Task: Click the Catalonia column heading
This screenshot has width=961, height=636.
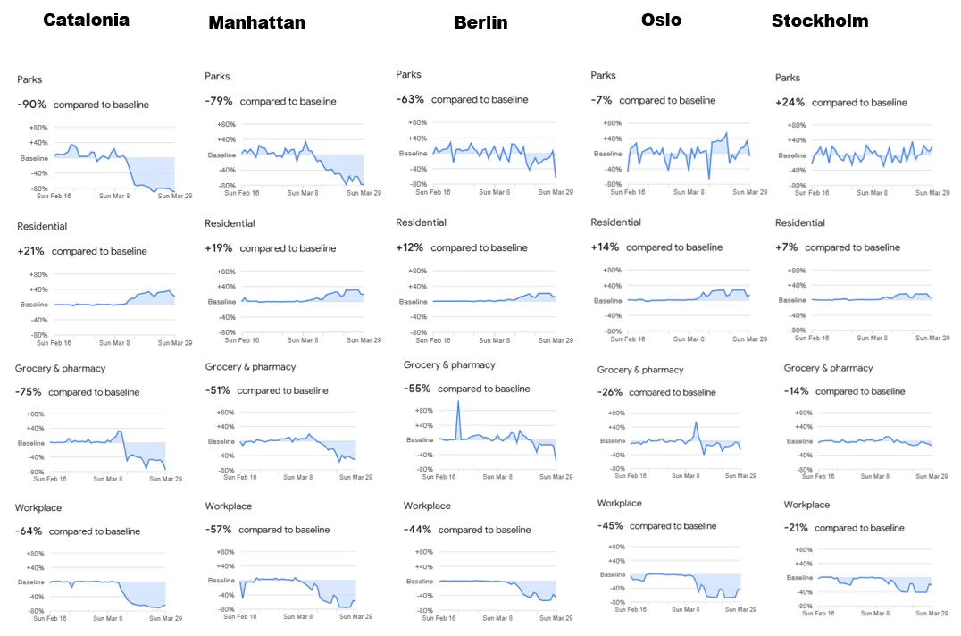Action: pyautogui.click(x=87, y=21)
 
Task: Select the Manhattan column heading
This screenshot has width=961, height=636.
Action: pyautogui.click(x=257, y=22)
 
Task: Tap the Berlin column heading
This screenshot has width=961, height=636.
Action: pyautogui.click(x=481, y=22)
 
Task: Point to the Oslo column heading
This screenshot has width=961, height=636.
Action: pyautogui.click(x=661, y=21)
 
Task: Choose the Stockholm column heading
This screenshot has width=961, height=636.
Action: pyautogui.click(x=820, y=21)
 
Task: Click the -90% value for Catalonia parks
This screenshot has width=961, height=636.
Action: pyautogui.click(x=32, y=105)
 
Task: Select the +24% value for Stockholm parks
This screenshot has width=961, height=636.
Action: pyautogui.click(x=790, y=103)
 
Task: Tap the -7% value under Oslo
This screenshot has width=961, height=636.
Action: pyautogui.click(x=601, y=100)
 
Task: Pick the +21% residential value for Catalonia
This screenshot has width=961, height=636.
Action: pyautogui.click(x=30, y=251)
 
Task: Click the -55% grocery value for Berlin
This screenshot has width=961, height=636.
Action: pyautogui.click(x=417, y=389)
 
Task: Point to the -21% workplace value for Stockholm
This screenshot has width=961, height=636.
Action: pyautogui.click(x=796, y=528)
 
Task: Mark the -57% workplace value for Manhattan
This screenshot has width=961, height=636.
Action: pyautogui.click(x=218, y=530)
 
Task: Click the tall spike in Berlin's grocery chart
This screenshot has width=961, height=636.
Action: pyautogui.click(x=458, y=403)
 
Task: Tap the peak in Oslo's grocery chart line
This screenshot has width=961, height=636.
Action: pyautogui.click(x=697, y=423)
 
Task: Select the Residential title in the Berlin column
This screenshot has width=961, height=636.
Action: pyautogui.click(x=421, y=222)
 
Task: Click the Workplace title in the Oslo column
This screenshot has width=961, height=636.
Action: pyautogui.click(x=620, y=503)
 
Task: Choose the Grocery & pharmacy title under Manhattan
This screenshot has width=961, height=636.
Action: pyautogui.click(x=251, y=367)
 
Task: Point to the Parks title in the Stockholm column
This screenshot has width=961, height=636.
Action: pyautogui.click(x=788, y=78)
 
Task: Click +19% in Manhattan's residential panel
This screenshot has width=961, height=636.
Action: pyautogui.click(x=219, y=248)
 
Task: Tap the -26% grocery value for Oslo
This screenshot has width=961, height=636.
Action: pyautogui.click(x=610, y=392)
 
